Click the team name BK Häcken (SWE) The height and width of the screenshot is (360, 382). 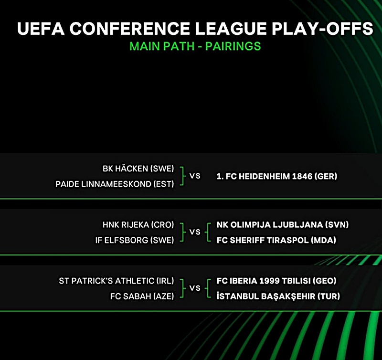point(138,169)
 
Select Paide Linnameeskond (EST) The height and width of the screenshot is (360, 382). point(115,184)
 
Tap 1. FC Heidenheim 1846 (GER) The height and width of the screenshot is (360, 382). point(277,176)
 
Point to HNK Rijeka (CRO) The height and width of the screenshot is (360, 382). point(138,224)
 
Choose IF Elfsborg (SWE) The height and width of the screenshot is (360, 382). point(135,240)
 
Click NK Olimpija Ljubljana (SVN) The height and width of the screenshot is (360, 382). point(283,224)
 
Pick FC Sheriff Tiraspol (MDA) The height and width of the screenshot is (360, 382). point(276,240)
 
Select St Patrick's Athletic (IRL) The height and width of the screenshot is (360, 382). point(117,281)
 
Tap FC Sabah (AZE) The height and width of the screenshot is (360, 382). point(142,296)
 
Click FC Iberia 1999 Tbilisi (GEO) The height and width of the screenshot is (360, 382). point(276,281)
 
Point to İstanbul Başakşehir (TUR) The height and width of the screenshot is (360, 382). point(278,296)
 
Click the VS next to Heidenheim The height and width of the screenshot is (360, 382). point(195,176)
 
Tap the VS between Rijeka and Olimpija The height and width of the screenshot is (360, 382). point(195,232)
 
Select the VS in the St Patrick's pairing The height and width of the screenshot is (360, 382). point(195,288)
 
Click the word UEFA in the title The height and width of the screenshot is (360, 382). point(41,28)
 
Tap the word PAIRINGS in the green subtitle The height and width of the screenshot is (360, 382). point(233,46)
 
